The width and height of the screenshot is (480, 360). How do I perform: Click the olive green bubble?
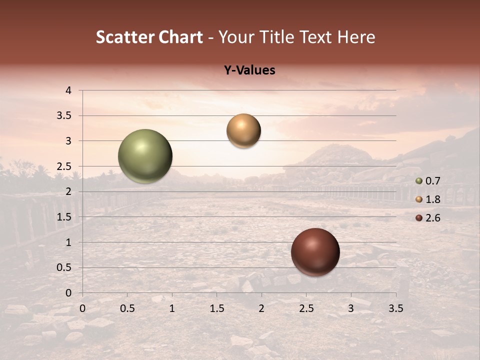145,156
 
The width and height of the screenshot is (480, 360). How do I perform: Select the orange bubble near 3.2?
243,130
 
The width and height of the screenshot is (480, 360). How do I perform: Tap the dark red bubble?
315,252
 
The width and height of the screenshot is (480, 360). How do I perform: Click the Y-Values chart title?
249,70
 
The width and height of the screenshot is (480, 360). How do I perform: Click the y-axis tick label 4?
68,90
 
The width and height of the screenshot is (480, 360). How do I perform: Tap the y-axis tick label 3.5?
65,115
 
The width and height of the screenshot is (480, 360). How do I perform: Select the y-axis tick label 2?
68,191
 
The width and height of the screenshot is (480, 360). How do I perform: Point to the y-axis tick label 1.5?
65,217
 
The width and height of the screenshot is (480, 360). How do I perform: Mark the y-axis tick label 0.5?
65,267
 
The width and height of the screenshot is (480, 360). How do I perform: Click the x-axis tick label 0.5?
127,308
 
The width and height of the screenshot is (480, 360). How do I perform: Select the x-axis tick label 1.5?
216,308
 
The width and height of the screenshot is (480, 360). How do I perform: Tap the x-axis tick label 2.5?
306,308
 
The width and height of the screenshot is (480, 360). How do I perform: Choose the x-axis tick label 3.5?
395,308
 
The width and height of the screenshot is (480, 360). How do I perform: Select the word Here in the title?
356,37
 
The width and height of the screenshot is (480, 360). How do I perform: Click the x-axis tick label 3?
351,308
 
